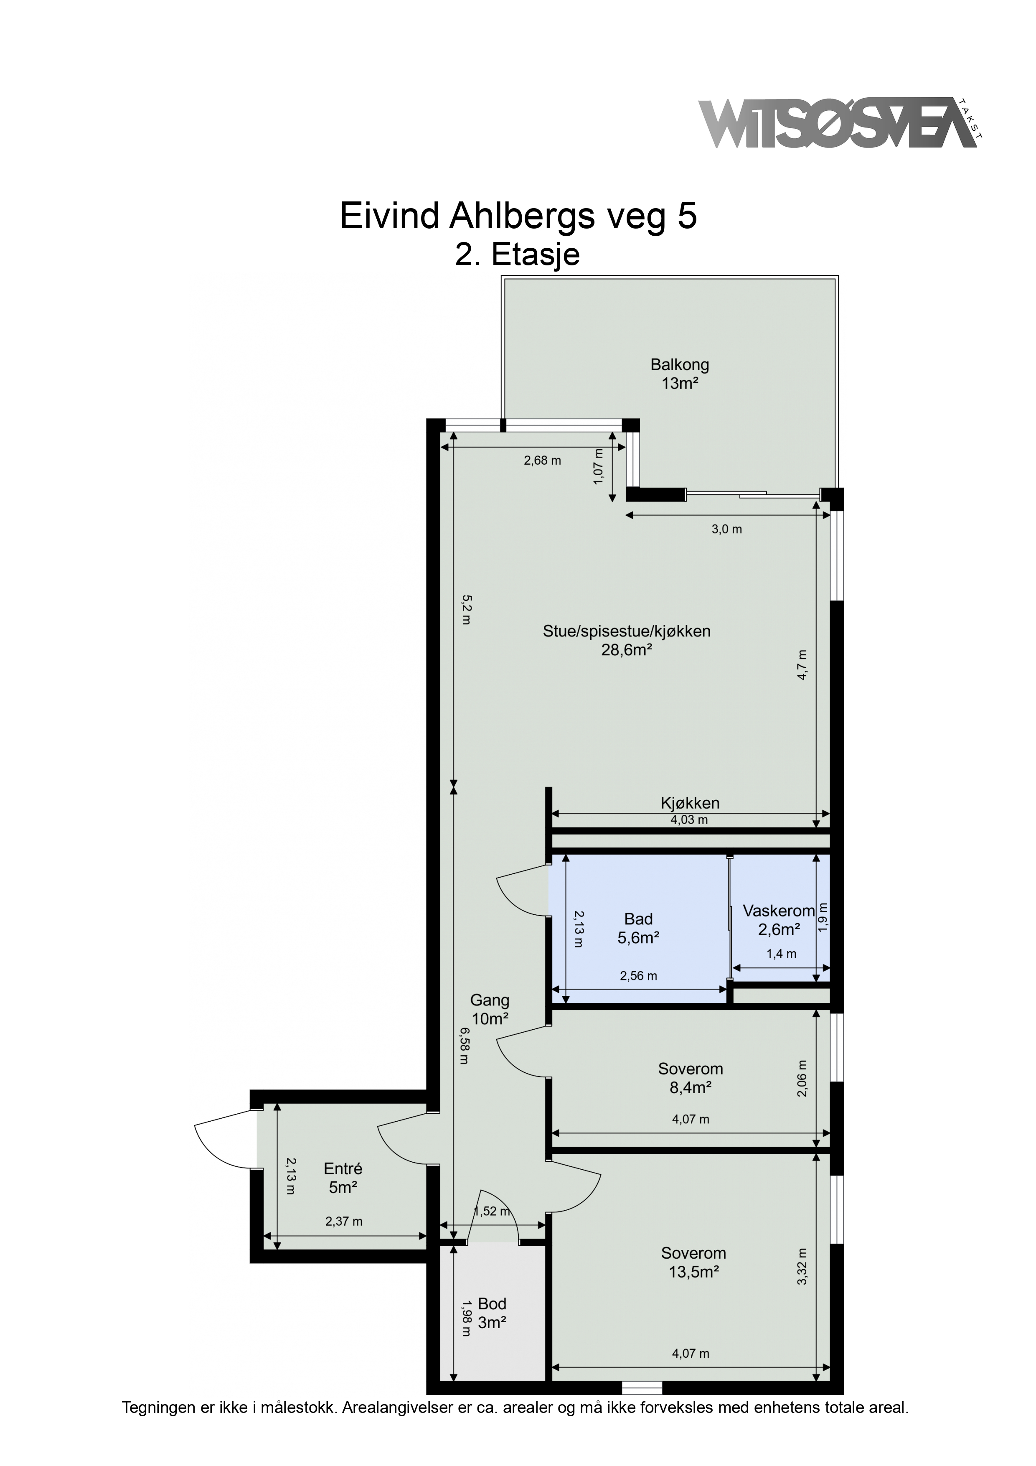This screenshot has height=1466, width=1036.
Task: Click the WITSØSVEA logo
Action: coord(839,123)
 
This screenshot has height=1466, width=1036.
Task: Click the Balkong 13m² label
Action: coord(679,374)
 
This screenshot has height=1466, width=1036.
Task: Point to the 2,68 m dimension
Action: coord(543,461)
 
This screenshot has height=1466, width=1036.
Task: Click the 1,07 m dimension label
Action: coord(598,467)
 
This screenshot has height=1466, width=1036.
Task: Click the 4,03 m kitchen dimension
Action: coord(689,820)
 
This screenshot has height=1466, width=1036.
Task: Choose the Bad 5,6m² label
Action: coord(638,929)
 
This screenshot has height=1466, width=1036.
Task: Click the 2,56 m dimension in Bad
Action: coord(638,976)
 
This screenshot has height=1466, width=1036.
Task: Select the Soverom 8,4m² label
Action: coord(691,1078)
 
